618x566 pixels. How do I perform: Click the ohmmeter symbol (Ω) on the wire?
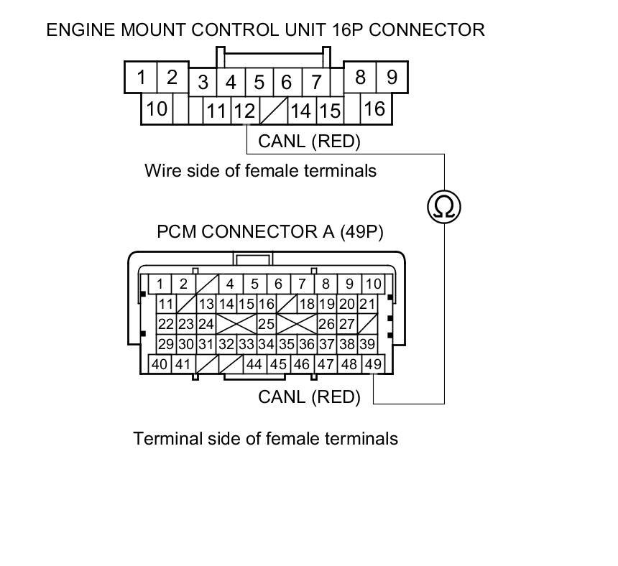[x=444, y=207]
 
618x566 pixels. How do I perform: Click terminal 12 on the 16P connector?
[x=245, y=111]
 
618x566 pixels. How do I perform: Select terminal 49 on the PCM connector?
[x=373, y=364]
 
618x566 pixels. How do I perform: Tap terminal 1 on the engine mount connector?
[x=142, y=78]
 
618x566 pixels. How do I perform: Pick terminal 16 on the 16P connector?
[x=374, y=108]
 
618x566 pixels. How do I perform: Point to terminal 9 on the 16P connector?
[x=392, y=77]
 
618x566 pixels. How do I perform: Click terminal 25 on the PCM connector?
[x=266, y=324]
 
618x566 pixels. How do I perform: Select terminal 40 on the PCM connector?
[x=160, y=364]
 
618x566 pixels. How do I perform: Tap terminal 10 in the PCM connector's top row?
[x=372, y=284]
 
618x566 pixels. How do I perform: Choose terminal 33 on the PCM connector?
[x=246, y=344]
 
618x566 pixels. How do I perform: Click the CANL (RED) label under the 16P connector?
[x=309, y=141]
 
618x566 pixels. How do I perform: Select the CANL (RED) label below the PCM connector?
[x=309, y=396]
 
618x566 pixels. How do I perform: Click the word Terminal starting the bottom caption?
[x=162, y=438]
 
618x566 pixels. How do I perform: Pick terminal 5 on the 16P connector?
[x=259, y=83]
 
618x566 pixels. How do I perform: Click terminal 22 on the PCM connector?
[x=166, y=324]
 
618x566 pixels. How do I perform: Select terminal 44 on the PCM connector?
[x=254, y=364]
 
